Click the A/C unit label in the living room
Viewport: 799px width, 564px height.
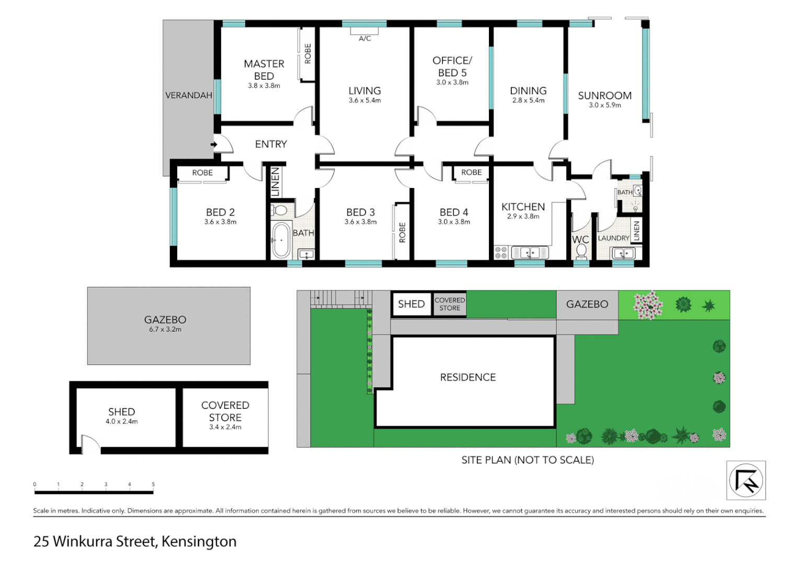364,39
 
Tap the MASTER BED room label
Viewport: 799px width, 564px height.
264,69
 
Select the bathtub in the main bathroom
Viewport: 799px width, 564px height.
281,240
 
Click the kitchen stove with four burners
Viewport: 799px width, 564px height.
501,253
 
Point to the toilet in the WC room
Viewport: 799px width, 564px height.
581,251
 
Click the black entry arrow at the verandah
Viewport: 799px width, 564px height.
213,145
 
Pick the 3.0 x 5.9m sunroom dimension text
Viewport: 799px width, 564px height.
604,105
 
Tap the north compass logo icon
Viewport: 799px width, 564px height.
746,480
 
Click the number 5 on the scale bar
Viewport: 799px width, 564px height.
153,484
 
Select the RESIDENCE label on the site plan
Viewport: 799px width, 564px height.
467,377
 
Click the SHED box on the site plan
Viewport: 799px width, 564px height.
412,304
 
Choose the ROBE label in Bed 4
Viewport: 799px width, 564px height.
471,172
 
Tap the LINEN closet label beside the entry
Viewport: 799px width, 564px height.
275,182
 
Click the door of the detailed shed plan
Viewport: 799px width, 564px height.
90,444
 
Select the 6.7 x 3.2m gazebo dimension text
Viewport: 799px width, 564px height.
165,330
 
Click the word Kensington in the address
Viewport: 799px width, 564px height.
199,542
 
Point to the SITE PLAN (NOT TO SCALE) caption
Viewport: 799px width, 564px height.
527,460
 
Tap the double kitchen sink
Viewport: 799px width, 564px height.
530,253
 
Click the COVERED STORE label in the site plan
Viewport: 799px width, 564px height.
450,304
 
